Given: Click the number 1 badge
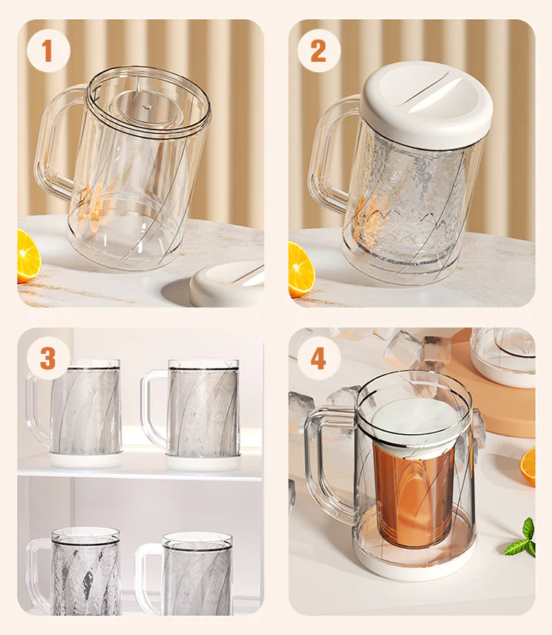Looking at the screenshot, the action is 49,51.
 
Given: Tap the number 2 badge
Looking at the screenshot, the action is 319,51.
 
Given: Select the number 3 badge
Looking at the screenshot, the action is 48,358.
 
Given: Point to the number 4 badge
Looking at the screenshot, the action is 319,358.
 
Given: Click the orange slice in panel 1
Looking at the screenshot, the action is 27,255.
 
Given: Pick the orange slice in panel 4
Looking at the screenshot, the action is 528,466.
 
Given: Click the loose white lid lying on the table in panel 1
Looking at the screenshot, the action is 227,283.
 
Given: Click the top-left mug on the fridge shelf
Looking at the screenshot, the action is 75,413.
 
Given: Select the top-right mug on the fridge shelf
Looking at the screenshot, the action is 191,415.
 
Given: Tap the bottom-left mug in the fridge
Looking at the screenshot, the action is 75,571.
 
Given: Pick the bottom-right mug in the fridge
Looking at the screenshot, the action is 185,574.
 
